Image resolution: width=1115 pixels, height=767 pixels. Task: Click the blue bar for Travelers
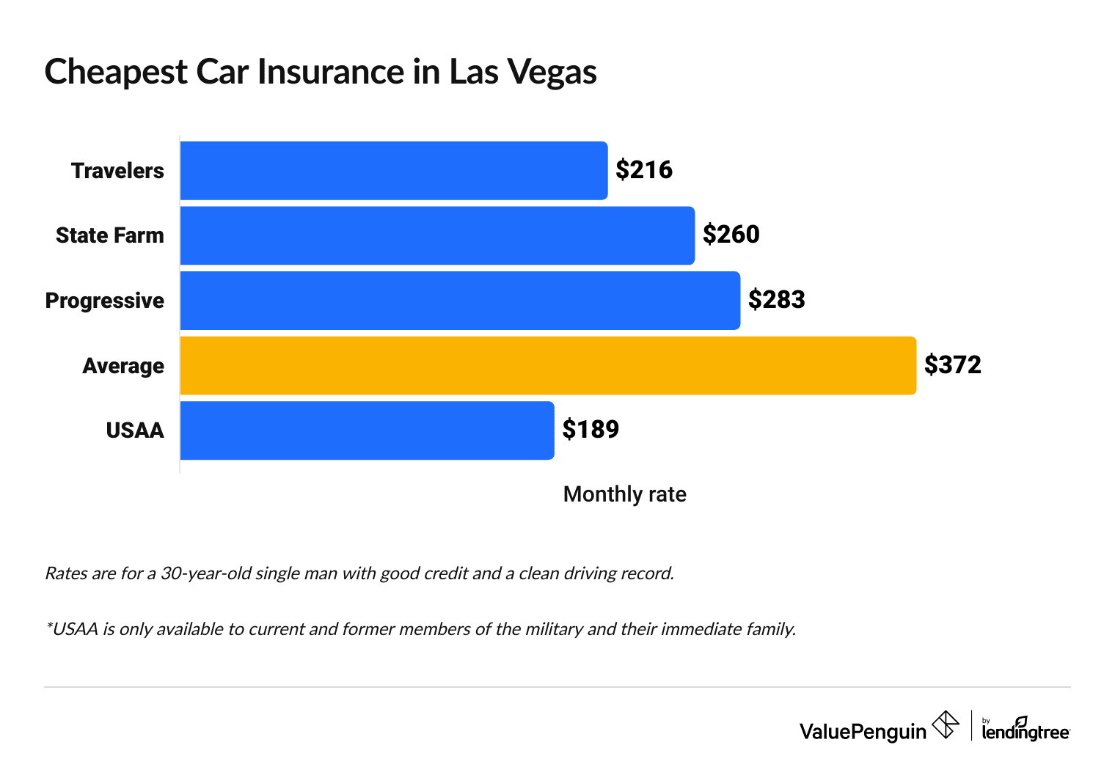[x=394, y=170]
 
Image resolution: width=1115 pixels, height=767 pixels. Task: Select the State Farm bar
[x=437, y=235]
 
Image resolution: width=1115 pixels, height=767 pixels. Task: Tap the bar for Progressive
[x=460, y=301]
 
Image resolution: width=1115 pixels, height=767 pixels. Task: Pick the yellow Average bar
[x=548, y=365]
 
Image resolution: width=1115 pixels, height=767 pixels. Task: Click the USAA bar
[x=367, y=430]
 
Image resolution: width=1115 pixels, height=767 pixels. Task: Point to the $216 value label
[x=644, y=170]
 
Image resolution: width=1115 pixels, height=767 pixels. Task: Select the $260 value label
[x=731, y=235]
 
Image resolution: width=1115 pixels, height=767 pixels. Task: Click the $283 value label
[x=777, y=300]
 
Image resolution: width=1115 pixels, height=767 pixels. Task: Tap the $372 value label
[x=953, y=364]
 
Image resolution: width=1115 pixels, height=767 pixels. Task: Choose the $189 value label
[x=591, y=430]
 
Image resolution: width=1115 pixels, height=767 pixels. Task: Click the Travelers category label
[x=117, y=171]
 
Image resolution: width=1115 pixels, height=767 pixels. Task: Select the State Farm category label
[x=110, y=235]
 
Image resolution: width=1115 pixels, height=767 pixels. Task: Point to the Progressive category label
[x=105, y=301]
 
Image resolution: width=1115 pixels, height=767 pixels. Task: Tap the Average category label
[x=123, y=366]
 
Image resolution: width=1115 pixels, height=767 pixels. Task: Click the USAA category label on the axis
[x=135, y=430]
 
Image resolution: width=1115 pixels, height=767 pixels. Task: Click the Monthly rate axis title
[x=624, y=494]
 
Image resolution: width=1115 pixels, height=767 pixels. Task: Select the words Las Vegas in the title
[x=523, y=72]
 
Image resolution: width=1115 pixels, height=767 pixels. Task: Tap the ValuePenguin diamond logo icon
[x=945, y=725]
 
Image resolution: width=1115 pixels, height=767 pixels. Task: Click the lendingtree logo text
[x=1026, y=731]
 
